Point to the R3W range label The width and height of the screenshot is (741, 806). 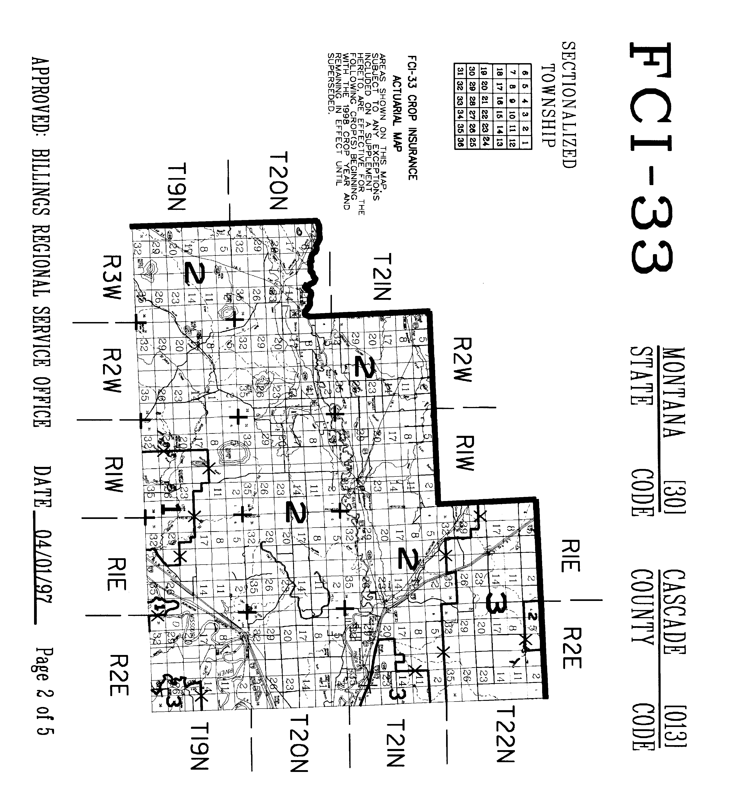tap(111, 277)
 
